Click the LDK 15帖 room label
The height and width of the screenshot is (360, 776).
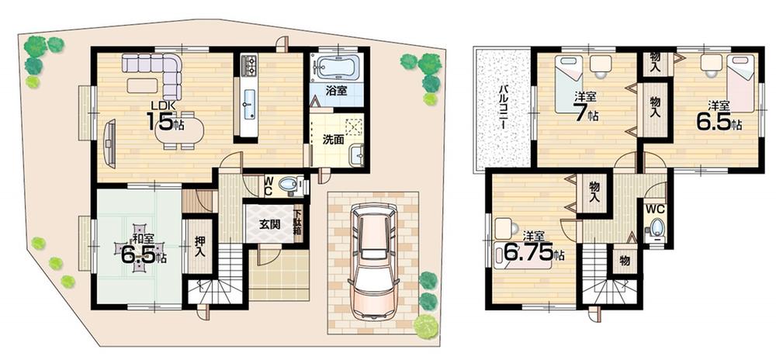(x=165, y=115)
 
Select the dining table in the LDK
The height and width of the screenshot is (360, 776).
(x=179, y=130)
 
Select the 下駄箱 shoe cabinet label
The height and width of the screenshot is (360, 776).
(x=298, y=224)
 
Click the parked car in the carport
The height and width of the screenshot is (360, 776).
(x=373, y=260)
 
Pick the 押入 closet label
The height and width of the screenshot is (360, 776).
(x=199, y=248)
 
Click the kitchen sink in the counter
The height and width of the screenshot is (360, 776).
(x=248, y=102)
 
